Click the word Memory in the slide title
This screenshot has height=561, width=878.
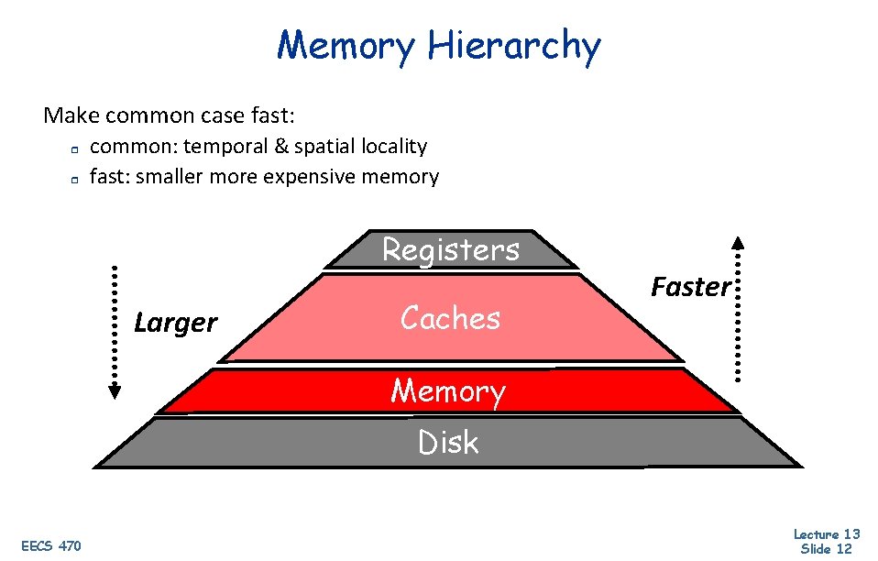coord(346,46)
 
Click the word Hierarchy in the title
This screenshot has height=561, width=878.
coord(515,46)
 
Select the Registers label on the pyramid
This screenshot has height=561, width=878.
coord(450,249)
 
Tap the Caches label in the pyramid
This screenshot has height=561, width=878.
coord(450,318)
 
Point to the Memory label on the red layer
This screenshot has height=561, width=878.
coord(448,391)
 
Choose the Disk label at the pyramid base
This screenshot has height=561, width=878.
coord(448,443)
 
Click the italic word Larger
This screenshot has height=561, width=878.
coord(175,323)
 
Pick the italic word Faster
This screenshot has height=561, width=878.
coord(691,287)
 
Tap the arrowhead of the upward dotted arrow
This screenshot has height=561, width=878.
coord(739,243)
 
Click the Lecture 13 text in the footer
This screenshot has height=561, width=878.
coord(826,534)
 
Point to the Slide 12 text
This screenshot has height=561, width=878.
coord(826,549)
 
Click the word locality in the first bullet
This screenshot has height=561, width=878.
coord(392,147)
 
